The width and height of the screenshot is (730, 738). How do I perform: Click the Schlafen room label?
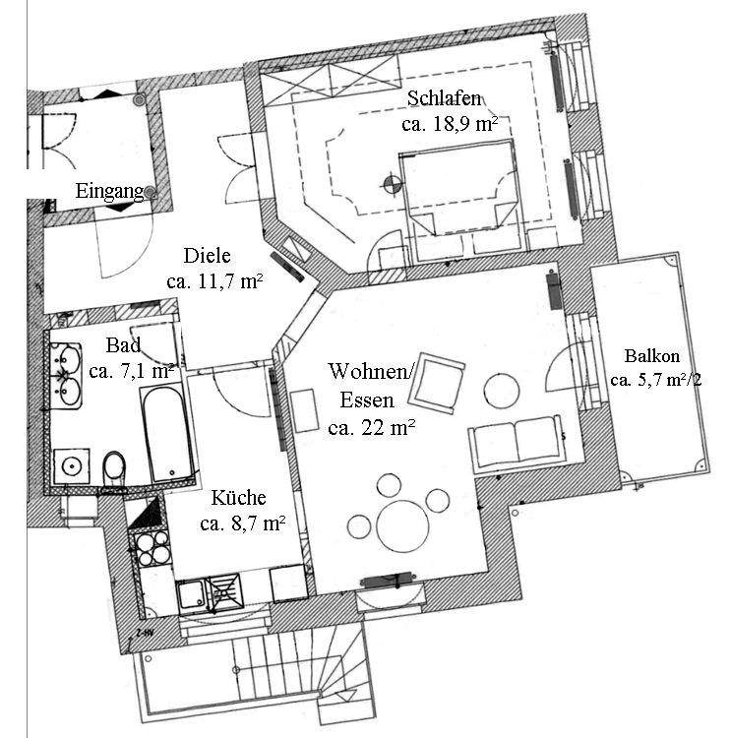coord(444,99)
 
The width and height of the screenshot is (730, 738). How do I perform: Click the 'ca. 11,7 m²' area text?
coord(213,282)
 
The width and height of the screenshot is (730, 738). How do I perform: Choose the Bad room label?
coord(123,345)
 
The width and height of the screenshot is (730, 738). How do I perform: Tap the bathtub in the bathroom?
coord(163,434)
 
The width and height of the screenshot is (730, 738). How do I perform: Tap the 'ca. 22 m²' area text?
coord(372,426)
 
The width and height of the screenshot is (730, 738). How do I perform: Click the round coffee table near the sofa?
coord(504,390)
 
